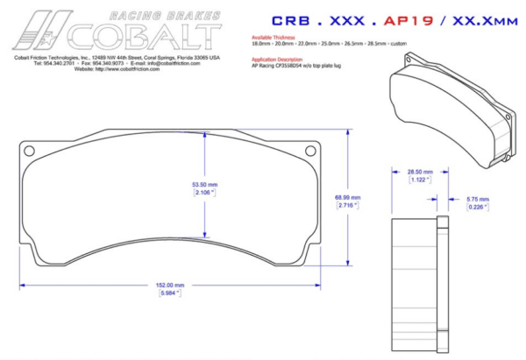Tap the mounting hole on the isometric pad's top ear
(407, 59)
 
